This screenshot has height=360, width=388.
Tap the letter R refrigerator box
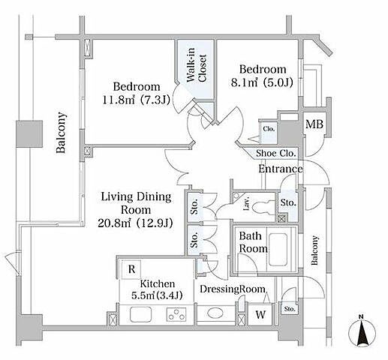[x=131, y=269]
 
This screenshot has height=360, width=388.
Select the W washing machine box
[x=260, y=314]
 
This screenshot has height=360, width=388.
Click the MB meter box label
[x=314, y=124]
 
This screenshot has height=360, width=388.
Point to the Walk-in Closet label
[x=196, y=68]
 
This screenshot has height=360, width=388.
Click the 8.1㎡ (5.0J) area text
[x=262, y=82]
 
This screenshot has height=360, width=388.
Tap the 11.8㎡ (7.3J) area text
[x=137, y=100]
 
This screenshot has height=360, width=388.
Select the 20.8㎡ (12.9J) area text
[x=135, y=223]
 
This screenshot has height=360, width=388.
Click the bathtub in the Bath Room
[x=278, y=250]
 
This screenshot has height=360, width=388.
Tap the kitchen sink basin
[x=140, y=314]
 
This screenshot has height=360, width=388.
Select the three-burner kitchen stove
[x=176, y=314]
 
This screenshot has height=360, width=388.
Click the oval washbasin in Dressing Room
[x=215, y=313]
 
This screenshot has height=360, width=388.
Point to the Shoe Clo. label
[x=276, y=153]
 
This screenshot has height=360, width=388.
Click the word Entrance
[x=281, y=169]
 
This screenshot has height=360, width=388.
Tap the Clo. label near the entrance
[x=269, y=129]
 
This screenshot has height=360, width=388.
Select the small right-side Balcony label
[x=314, y=250]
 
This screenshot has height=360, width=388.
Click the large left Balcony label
[x=61, y=133]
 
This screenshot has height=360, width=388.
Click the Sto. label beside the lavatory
[x=288, y=202]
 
